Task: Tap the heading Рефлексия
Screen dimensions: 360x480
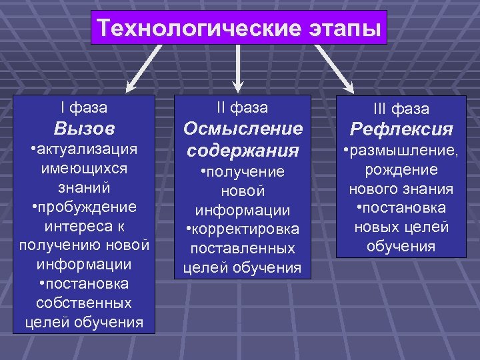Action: [401, 128]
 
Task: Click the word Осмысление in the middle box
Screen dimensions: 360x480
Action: [243, 127]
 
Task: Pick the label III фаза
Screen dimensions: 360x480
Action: [401, 109]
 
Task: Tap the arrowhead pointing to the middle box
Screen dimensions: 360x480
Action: [237, 85]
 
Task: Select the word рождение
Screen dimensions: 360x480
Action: [401, 169]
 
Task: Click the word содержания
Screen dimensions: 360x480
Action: [243, 149]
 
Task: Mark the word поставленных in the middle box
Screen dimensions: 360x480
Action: [243, 249]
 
